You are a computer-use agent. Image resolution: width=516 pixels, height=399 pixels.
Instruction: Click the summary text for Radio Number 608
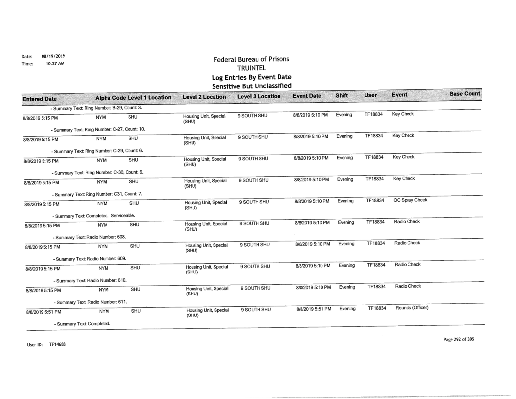point(89,237)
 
